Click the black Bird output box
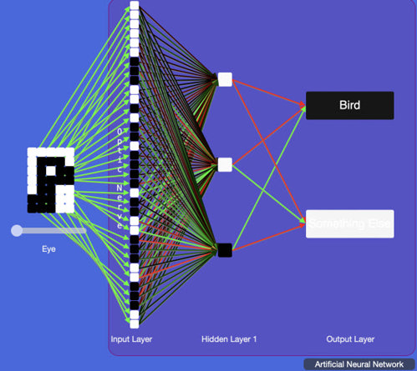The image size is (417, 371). (349, 106)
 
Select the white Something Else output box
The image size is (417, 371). (349, 223)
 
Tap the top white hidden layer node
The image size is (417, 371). (225, 79)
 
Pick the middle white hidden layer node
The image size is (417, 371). (225, 164)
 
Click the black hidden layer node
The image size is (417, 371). (225, 249)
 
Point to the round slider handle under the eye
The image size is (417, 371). (17, 230)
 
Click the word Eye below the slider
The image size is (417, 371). (48, 248)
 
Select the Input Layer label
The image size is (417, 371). (132, 339)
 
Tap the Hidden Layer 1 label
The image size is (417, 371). (229, 339)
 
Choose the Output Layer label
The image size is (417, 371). (350, 339)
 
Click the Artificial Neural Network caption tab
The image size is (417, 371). (359, 364)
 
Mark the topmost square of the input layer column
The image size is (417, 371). (135, 7)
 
